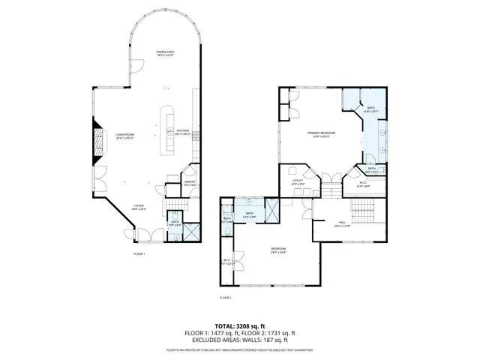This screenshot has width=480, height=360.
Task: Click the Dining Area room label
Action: (165, 53)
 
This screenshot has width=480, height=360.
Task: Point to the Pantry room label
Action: (190, 182)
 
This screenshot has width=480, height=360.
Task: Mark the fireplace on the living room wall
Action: (97, 142)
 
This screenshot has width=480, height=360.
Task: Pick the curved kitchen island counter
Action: (165, 127)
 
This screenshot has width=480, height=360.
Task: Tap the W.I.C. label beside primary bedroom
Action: (362, 184)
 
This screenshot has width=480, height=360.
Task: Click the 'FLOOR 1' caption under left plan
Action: (139, 254)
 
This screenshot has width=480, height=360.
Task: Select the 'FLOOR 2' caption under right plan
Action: (226, 298)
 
